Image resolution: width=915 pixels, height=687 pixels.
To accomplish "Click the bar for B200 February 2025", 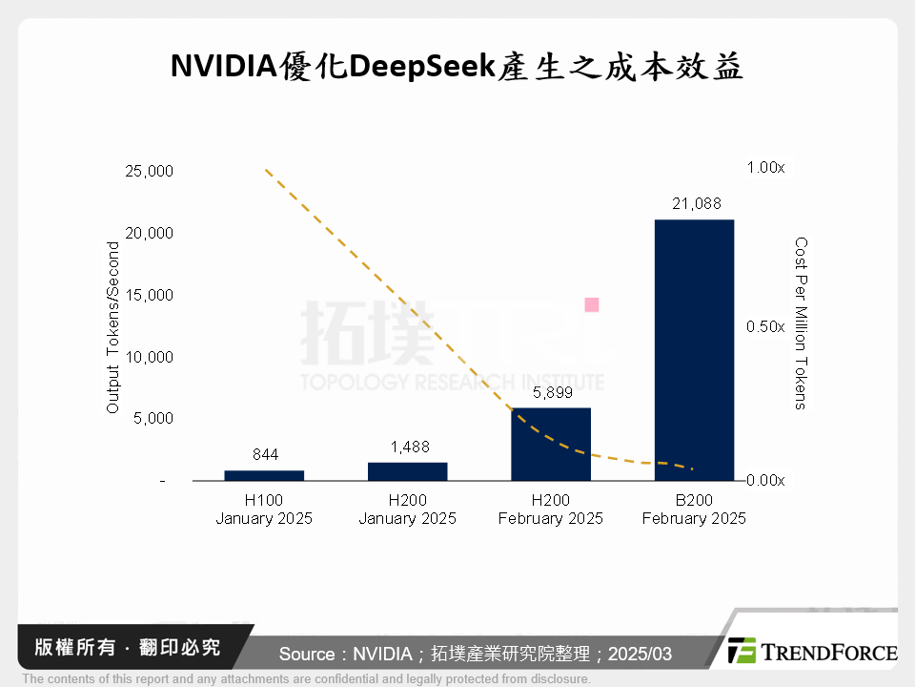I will click(694, 350).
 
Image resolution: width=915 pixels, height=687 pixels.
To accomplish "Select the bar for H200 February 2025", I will click(551, 445).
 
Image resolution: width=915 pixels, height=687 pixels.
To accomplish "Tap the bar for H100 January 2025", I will click(265, 475).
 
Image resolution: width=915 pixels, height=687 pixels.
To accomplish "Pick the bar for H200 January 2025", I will click(408, 471).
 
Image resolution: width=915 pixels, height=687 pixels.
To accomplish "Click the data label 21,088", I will click(694, 203).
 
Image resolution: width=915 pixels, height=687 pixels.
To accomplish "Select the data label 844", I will click(265, 455).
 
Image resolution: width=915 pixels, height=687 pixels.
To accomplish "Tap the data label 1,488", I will click(408, 447).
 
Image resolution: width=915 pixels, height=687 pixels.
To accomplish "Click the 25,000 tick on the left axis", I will click(149, 172).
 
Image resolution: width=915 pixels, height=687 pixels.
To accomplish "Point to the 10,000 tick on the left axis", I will click(149, 357).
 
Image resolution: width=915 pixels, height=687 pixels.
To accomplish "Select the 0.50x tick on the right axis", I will click(764, 326).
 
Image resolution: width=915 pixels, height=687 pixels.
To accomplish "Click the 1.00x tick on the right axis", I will click(764, 168).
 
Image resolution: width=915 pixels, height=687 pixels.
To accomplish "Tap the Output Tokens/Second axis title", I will click(112, 327).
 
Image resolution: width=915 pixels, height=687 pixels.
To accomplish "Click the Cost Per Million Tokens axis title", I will click(801, 323).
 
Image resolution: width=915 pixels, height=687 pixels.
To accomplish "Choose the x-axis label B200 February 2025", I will click(694, 510).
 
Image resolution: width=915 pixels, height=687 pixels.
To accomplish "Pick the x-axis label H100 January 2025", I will click(265, 510).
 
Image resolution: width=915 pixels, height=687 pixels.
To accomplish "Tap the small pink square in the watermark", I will click(591, 304).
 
